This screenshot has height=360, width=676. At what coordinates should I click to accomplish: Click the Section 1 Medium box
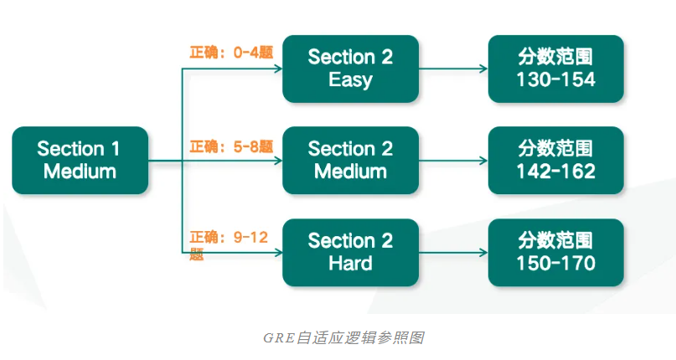80,160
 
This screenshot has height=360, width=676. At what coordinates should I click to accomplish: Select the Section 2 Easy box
350,69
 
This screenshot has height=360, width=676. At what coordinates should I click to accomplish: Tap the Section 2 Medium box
350,160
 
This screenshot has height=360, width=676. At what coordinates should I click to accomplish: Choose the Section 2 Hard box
350,252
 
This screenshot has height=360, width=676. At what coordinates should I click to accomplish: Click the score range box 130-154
556,69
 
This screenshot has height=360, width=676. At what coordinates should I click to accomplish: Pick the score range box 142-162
556,160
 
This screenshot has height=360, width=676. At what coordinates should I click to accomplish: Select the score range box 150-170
556,252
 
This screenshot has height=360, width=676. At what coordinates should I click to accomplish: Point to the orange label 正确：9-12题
228,239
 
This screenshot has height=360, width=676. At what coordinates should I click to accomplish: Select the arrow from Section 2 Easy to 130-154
453,69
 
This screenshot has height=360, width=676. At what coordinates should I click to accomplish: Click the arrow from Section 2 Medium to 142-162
453,160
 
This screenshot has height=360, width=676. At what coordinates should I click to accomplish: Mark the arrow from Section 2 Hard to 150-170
453,252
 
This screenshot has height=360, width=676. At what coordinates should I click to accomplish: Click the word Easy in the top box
350,80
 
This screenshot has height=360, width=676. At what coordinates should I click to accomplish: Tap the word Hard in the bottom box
350,263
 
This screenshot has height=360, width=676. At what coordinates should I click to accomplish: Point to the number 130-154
556,80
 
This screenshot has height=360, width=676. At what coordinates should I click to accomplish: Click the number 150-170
556,263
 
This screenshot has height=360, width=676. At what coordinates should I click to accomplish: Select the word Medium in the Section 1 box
80,172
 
